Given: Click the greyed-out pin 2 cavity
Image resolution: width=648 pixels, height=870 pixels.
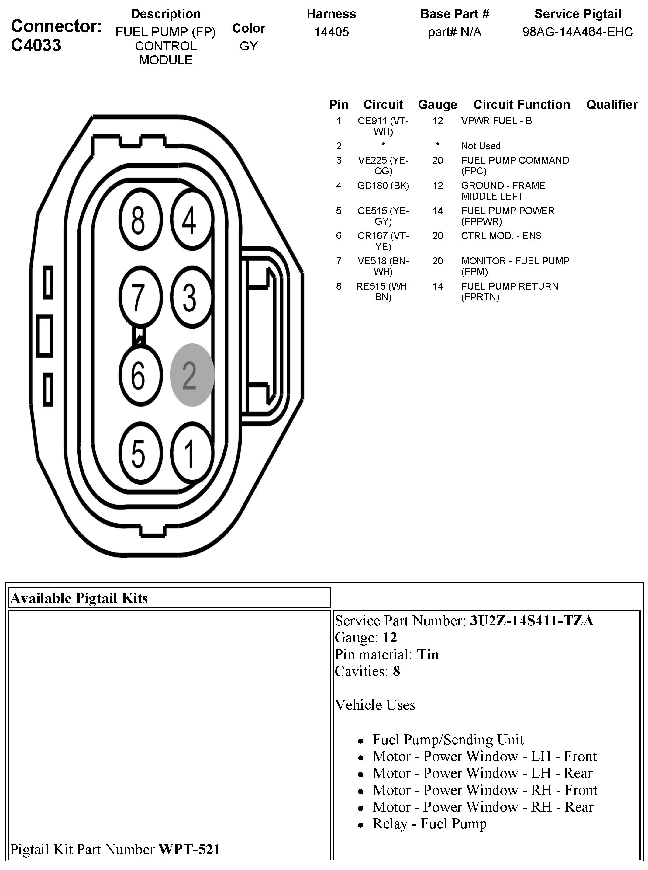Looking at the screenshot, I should [192, 375].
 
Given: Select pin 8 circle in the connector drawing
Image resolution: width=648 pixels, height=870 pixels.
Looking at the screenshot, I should [140, 219].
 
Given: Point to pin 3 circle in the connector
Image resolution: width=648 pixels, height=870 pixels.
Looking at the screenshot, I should [191, 297].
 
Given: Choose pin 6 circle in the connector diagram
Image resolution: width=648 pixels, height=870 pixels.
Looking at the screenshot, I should [140, 375].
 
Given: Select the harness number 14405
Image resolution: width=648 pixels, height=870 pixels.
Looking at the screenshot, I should [332, 32].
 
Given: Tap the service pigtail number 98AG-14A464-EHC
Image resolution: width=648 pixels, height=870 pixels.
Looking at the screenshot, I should [577, 32].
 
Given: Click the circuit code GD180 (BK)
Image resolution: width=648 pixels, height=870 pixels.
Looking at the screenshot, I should [383, 185].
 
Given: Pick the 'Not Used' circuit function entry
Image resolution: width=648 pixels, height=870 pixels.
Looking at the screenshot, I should [481, 146].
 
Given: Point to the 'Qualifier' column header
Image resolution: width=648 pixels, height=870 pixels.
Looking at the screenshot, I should [612, 104].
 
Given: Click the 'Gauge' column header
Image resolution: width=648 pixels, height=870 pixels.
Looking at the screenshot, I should [437, 104].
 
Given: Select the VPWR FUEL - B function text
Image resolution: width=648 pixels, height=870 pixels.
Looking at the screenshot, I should [496, 121].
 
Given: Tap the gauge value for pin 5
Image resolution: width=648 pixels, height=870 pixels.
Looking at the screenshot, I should [438, 211].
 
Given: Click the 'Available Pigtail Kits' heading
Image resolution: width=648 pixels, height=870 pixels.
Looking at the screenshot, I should [79, 598].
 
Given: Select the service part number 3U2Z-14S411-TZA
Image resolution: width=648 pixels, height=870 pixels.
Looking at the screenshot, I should [532, 621].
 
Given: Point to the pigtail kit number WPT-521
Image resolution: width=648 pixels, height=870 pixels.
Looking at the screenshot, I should [189, 849].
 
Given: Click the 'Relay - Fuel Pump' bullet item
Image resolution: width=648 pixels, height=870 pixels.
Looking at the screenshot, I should [429, 824].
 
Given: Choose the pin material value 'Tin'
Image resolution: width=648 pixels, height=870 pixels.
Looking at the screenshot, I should [428, 654].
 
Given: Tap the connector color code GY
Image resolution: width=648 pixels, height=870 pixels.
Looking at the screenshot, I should [249, 46].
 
